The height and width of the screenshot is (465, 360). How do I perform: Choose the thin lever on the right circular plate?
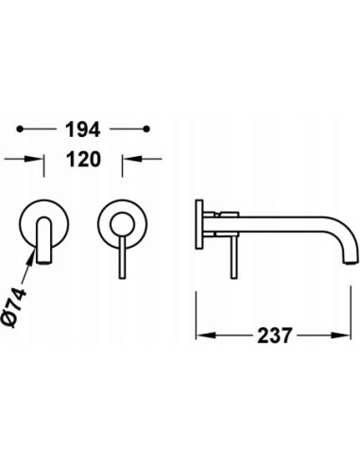click(x=120, y=250)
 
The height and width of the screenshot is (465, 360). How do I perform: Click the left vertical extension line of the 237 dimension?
click(x=196, y=302)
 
